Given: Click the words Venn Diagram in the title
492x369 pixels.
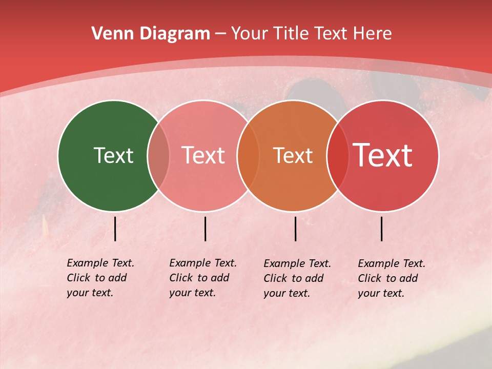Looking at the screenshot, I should point(151,34).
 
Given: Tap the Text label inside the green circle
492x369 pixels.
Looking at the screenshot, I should point(113,155).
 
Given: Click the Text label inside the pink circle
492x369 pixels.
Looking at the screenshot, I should point(203,155).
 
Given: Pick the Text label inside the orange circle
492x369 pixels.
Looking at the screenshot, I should point(293,155).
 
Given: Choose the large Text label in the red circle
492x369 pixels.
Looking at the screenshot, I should point(382,155).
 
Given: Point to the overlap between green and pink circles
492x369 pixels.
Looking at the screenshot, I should point(158,155).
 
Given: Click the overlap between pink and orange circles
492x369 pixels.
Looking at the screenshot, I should point(248,155).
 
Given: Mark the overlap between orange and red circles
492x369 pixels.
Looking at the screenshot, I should point(337,155).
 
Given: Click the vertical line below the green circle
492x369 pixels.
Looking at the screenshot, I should point(115,229).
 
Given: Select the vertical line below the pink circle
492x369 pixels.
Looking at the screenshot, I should point(205,229).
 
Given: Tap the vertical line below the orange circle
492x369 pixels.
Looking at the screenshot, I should point(296,229).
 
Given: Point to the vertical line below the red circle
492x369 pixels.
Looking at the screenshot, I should point(382,229).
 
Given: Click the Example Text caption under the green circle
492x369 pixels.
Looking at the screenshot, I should point(100,278).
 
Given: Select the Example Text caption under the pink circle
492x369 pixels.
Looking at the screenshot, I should point(203,278).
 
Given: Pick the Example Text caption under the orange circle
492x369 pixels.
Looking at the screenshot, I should point(297,278).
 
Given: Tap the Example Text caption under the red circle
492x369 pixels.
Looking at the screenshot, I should point(392,278).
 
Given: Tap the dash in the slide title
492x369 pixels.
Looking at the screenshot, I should point(220,34).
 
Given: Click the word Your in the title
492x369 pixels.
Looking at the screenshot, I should point(249,34).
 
